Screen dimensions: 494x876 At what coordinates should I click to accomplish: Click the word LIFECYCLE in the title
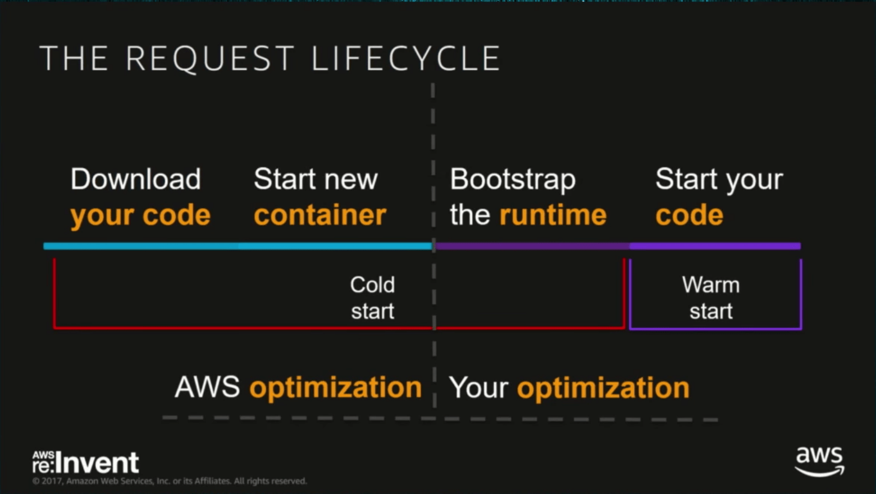point(405,58)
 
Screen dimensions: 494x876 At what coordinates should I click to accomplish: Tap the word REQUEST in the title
point(210,58)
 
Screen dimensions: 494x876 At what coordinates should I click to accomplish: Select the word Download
point(135,180)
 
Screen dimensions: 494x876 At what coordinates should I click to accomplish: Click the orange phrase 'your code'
point(140,216)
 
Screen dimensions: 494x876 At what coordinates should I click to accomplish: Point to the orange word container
point(320,216)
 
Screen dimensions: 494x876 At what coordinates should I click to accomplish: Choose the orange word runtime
point(553,216)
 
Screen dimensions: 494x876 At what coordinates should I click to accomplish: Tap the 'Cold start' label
point(372,298)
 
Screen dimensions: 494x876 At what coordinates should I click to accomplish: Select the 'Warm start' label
point(710,298)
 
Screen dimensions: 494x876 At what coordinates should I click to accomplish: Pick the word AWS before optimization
point(207,387)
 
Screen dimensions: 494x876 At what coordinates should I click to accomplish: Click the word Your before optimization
point(478,388)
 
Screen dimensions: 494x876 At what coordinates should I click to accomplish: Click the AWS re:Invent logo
point(85,463)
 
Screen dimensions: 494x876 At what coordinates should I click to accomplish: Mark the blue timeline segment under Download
point(140,246)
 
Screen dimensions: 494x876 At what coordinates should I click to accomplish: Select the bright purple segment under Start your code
point(715,246)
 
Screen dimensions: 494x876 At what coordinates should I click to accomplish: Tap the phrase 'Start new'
point(316,180)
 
